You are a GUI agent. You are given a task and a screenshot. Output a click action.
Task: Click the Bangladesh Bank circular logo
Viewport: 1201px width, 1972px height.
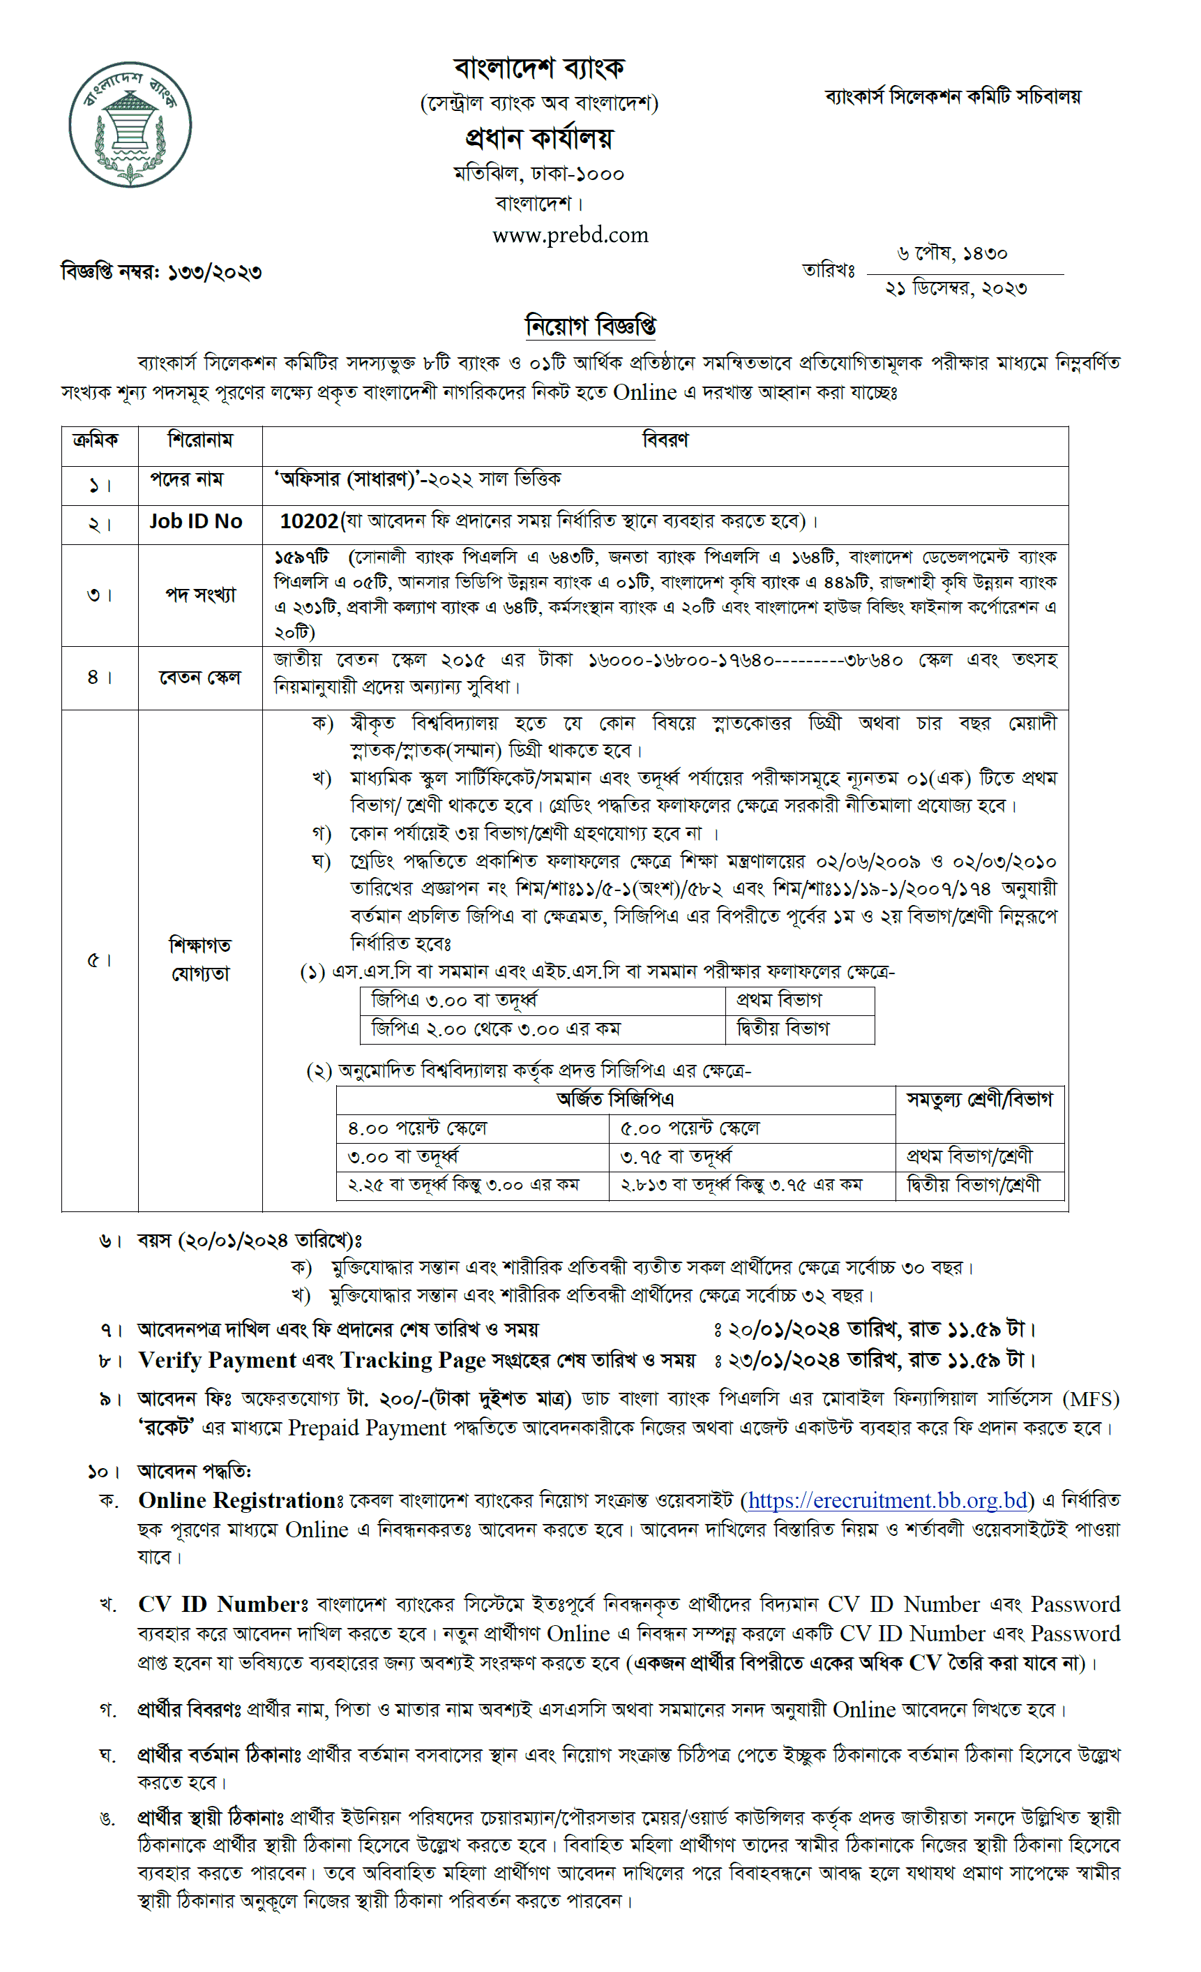coord(130,125)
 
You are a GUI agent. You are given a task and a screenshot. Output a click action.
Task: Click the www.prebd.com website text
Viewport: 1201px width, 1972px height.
coord(570,234)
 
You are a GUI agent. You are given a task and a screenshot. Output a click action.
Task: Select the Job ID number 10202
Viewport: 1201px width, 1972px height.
coord(309,521)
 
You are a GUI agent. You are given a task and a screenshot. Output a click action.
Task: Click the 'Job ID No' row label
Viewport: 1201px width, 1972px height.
coord(195,521)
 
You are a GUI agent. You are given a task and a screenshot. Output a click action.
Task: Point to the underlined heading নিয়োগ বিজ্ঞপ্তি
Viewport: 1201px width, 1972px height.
coord(590,326)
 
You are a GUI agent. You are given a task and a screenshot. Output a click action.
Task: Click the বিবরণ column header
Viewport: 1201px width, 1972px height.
coord(664,440)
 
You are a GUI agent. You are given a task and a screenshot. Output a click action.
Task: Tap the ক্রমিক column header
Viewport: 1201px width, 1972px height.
coord(96,440)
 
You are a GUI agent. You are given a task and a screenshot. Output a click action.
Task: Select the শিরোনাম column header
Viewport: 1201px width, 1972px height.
coord(200,440)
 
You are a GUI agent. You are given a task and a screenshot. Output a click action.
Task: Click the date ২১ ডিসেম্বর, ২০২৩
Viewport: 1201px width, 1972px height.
coord(955,288)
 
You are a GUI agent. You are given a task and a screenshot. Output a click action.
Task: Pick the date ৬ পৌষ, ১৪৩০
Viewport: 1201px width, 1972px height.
coord(951,254)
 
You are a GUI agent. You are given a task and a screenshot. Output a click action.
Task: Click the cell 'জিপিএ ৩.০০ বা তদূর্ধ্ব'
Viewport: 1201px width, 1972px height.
coord(453,1001)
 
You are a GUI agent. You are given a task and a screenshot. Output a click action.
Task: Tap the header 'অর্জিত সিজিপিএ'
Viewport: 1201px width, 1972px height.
coord(614,1099)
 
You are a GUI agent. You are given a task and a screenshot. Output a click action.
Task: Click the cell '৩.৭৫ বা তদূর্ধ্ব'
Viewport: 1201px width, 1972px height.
coord(676,1156)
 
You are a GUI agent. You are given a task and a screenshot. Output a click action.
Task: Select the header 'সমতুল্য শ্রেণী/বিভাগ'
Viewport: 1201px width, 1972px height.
coord(979,1100)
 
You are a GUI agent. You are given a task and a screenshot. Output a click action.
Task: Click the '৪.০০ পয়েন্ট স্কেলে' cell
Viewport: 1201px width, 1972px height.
coord(417,1128)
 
